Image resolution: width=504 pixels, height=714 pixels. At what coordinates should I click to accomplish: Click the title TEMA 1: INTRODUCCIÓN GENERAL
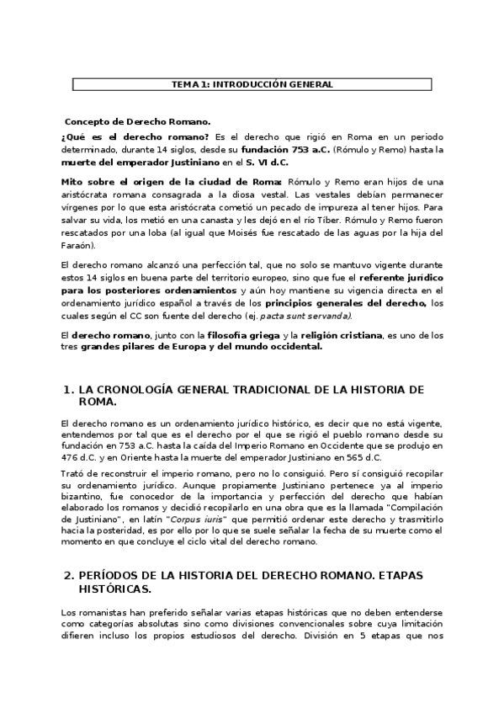coord(252,84)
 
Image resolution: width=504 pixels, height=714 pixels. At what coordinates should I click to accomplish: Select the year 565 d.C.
coord(363,457)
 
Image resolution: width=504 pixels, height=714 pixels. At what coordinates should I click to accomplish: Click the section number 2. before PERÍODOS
coord(69,574)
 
